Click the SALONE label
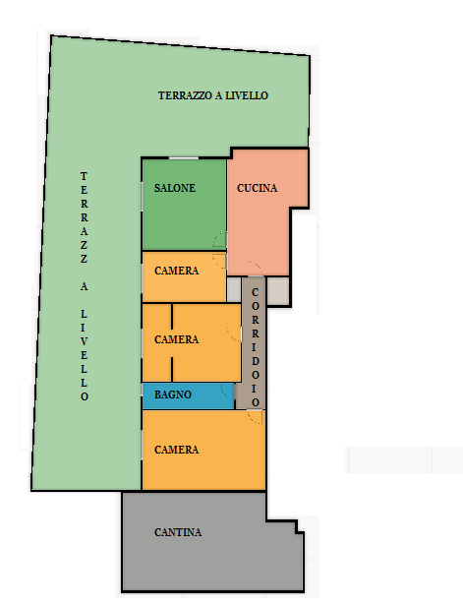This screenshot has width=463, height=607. click(x=174, y=188)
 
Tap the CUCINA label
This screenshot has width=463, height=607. click(x=257, y=188)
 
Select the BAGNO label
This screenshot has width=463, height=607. click(x=172, y=395)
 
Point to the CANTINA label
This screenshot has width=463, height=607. click(x=178, y=532)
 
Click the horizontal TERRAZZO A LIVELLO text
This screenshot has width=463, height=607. click(x=212, y=95)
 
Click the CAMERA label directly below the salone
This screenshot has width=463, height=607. click(x=176, y=271)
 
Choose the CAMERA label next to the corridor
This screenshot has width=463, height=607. click(x=176, y=339)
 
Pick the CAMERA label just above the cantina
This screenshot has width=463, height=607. click(x=176, y=450)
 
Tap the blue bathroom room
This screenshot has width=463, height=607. click(x=189, y=396)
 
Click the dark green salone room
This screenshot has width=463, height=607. click(x=184, y=205)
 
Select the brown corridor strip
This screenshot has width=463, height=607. click(x=254, y=343)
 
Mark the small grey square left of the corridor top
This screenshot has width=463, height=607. click(x=234, y=289)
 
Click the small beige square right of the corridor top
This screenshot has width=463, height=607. click(x=278, y=290)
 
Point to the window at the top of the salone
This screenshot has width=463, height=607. click(x=184, y=158)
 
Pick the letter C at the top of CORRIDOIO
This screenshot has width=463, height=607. click(x=255, y=292)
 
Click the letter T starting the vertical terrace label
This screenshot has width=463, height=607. click(x=84, y=176)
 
